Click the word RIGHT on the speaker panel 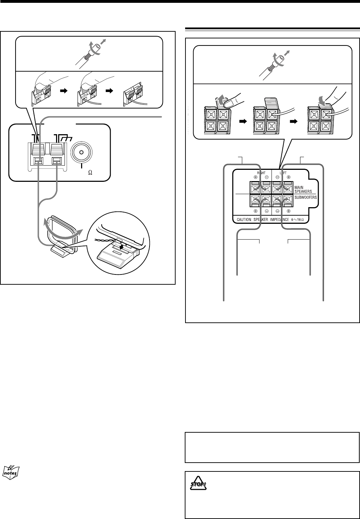tap(261, 174)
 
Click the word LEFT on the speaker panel tap(283, 174)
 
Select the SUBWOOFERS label tap(306, 198)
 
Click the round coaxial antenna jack tap(81, 153)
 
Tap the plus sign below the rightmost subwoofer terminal tap(288, 211)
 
